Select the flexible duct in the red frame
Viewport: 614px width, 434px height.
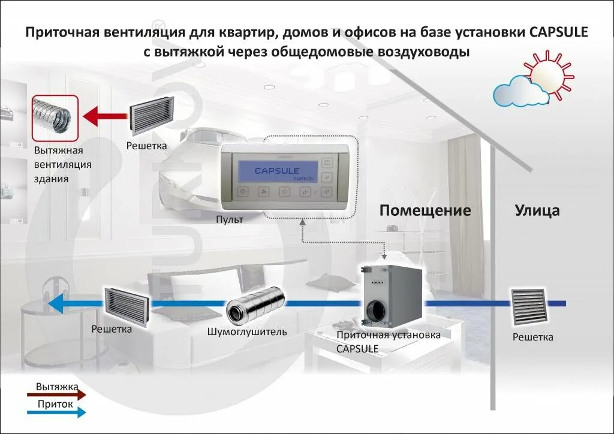point(55,117)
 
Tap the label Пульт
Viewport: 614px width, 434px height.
point(230,220)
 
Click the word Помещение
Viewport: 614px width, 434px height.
point(425,210)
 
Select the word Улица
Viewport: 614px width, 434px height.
point(537,210)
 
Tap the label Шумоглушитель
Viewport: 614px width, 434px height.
point(247,331)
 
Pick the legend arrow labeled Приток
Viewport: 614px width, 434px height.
point(56,412)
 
